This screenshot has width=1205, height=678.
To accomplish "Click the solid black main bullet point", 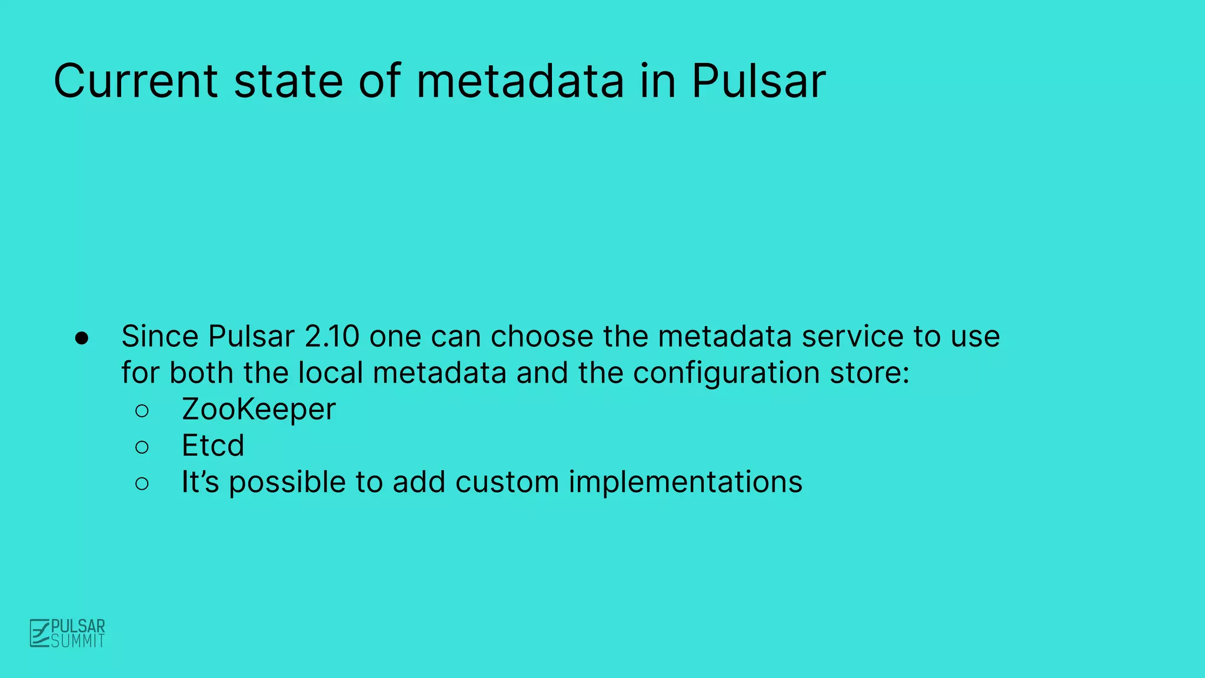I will point(82,338).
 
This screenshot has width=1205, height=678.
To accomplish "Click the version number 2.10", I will point(332,337).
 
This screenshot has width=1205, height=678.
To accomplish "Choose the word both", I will point(201,373).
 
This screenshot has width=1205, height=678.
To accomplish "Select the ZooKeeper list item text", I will point(258,410).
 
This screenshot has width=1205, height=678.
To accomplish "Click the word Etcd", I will point(212,446).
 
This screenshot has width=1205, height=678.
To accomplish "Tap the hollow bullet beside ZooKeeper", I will point(142,411).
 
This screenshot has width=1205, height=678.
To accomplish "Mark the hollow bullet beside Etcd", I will point(142,447).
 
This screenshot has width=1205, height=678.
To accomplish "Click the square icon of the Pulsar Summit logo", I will point(39,633).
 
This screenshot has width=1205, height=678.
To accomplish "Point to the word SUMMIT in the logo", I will point(78,641).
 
